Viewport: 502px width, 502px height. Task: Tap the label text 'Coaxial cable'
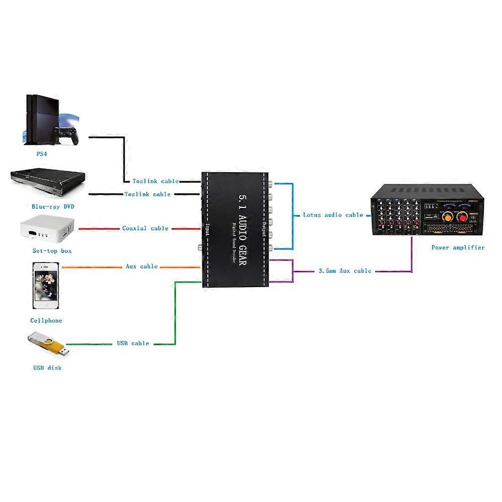[146, 228]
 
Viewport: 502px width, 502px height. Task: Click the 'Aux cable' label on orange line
[142, 267]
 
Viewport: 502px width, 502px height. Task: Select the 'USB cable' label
[133, 343]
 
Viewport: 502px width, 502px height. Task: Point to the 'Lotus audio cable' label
[333, 215]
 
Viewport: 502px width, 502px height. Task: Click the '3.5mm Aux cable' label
[345, 271]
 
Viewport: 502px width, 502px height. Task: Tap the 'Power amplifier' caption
[458, 247]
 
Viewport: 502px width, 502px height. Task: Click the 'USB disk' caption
[47, 368]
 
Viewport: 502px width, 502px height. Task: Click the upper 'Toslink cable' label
[156, 181]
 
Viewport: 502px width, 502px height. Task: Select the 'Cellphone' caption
[46, 320]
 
